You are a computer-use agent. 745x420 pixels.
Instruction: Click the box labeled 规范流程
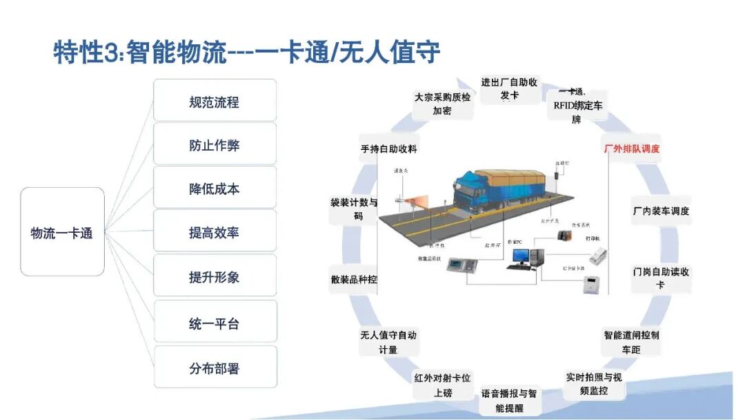(215, 102)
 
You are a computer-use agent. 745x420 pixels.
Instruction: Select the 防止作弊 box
(215, 145)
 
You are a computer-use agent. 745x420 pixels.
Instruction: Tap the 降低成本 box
(215, 189)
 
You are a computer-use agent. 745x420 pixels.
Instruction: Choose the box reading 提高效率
(215, 233)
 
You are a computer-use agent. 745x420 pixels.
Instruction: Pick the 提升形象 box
(215, 277)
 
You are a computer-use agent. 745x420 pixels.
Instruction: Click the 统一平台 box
(215, 323)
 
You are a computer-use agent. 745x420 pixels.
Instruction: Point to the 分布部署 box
(215, 367)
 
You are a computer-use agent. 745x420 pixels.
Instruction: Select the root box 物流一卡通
(62, 232)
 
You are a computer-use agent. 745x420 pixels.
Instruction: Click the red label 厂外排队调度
(632, 149)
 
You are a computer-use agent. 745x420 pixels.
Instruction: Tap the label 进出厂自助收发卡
(509, 89)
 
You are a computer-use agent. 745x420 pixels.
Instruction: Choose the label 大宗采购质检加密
(442, 104)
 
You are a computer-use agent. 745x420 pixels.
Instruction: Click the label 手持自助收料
(388, 149)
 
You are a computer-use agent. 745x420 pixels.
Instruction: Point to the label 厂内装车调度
(661, 211)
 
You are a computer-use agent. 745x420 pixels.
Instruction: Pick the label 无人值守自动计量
(388, 342)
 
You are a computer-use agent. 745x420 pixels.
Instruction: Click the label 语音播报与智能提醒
(509, 401)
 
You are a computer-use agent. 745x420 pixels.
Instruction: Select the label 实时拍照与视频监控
(594, 384)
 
